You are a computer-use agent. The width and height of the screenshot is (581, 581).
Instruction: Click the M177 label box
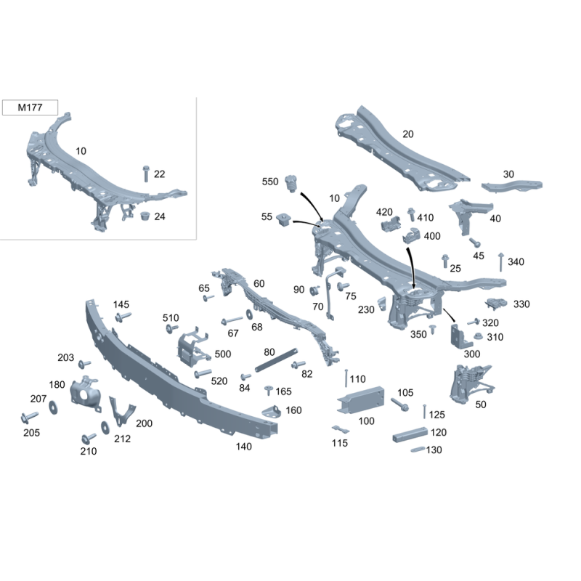[30, 107]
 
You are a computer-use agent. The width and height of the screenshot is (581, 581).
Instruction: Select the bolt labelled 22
[146, 174]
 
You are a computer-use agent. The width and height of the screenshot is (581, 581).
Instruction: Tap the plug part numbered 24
[145, 216]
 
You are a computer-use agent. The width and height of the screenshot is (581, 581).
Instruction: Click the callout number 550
[269, 182]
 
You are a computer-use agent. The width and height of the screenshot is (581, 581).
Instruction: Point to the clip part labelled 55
[283, 221]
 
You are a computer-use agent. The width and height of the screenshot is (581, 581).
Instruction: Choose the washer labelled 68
[249, 314]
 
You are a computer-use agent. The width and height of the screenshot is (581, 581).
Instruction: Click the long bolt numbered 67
[232, 320]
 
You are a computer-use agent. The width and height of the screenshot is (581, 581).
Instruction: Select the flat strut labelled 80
[277, 360]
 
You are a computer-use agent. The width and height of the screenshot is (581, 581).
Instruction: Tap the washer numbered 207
[53, 407]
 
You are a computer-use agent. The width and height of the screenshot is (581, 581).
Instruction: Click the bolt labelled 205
[29, 417]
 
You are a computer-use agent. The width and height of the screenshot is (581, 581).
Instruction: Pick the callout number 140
[243, 447]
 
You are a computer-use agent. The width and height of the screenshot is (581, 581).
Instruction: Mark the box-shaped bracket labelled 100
[360, 399]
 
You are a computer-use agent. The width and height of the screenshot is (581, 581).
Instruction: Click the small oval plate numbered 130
[418, 450]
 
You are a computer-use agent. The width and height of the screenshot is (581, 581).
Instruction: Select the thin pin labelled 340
[501, 262]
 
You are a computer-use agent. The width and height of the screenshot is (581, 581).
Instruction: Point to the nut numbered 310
[478, 336]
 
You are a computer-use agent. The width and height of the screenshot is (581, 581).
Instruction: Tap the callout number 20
[407, 134]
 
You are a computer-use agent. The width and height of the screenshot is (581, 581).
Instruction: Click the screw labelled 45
[475, 243]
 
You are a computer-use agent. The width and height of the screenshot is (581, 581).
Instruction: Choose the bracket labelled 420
[391, 224]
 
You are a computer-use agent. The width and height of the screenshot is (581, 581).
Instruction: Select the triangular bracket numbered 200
[121, 411]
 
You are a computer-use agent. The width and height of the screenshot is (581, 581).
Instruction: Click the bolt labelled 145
[123, 317]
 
